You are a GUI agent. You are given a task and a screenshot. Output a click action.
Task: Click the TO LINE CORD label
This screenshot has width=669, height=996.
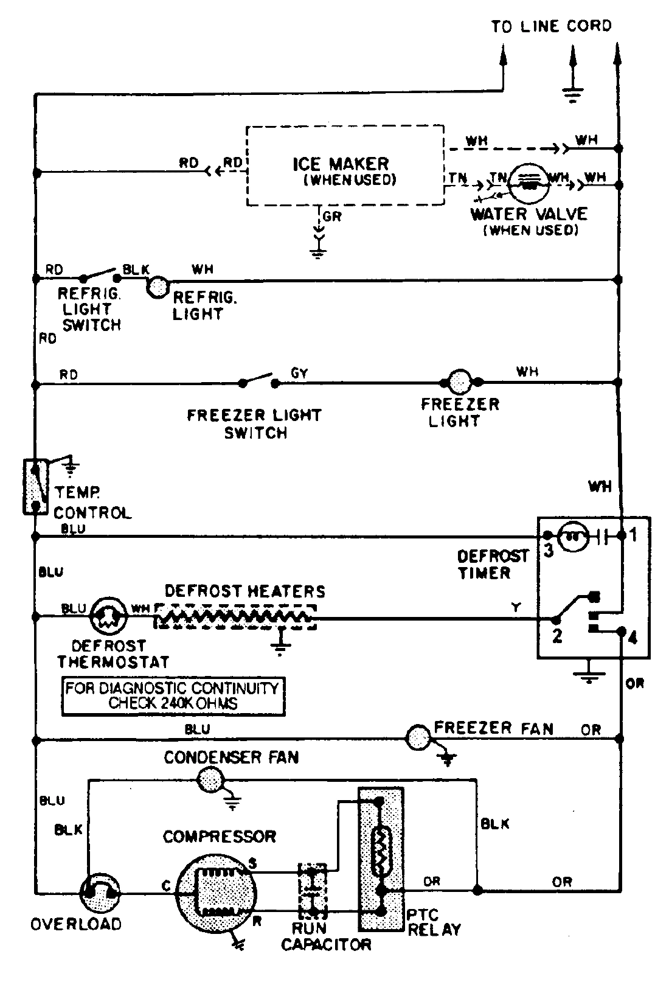coord(551,26)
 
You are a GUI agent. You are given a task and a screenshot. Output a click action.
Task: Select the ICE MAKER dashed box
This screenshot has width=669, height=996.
coord(345,165)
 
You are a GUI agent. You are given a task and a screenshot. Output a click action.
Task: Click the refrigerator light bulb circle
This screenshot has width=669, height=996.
coord(158,287)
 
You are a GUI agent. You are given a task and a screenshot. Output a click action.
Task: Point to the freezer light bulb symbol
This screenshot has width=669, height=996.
coord(460,382)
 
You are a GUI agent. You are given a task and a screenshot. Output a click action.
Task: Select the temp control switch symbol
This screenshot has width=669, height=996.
coord(35,487)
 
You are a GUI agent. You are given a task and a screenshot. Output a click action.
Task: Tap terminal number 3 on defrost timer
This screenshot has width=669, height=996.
coord(548,551)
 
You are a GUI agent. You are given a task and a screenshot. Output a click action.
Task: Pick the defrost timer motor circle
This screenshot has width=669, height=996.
coord(575,536)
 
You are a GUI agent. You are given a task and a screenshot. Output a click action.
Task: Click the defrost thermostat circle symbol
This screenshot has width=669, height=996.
coord(107,617)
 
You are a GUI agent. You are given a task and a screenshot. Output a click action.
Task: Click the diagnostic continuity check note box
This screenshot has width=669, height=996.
coord(173,696)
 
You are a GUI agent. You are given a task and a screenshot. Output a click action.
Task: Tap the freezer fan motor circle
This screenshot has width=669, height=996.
coord(418,738)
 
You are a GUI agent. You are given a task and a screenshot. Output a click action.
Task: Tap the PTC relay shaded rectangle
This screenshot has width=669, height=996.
coord(381,858)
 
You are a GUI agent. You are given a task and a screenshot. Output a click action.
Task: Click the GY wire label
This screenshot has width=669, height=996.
coord(299,373)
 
